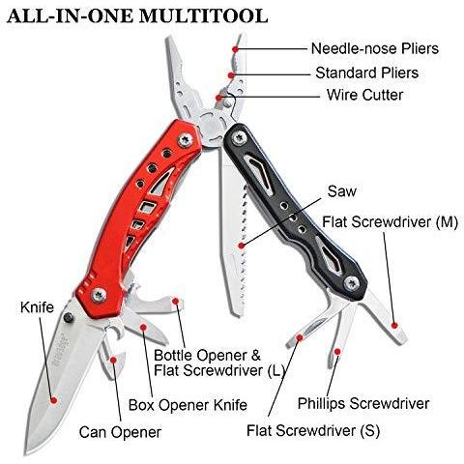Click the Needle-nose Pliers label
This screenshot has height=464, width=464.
click(375, 48)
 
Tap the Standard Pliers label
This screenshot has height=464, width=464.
click(367, 72)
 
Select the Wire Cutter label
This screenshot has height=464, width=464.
click(365, 95)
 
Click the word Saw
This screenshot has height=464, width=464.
click(342, 191)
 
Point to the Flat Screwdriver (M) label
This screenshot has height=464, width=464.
click(391, 222)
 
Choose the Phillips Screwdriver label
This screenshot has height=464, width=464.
click(363, 403)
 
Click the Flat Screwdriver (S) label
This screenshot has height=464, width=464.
click(313, 430)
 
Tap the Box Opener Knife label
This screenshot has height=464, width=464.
click(188, 405)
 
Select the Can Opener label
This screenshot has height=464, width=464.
click(120, 432)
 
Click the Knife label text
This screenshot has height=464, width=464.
click(37, 307)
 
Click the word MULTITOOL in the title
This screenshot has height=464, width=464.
click(203, 15)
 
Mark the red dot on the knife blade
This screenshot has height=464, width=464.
click(54, 400)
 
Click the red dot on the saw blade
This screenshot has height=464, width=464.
click(242, 246)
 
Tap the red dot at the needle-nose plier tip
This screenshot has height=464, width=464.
click(235, 49)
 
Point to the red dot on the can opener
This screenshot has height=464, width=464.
click(113, 360)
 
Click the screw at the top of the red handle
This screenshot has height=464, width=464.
click(185, 140)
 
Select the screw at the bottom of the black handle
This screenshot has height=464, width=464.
click(352, 283)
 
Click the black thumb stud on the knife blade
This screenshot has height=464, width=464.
click(69, 317)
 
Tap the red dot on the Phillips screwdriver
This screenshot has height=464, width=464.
click(337, 352)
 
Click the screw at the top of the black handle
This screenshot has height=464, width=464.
click(239, 138)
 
